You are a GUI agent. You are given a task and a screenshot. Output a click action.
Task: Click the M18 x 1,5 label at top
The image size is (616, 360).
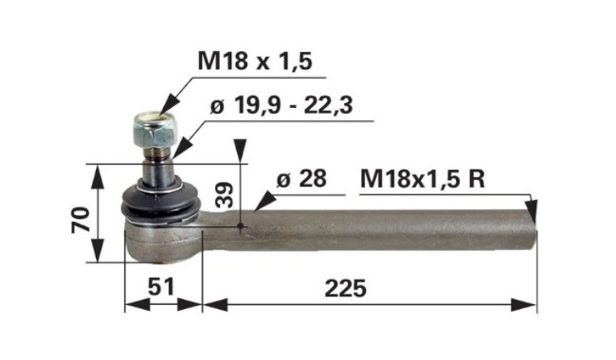tap(255, 62)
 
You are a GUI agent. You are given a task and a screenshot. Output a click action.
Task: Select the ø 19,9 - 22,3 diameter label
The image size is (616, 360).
tap(281, 105)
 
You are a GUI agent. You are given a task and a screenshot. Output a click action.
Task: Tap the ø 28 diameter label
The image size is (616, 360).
tap(301, 179)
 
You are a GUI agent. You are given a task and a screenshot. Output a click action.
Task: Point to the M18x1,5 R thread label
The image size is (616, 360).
tap(423, 179)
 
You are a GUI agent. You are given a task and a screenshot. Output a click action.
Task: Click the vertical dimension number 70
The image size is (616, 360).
tap(81, 219)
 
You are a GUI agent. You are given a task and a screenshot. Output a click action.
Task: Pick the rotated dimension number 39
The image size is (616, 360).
tap(225, 194)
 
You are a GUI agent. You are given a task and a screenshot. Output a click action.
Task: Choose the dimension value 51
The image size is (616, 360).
tap(161, 287)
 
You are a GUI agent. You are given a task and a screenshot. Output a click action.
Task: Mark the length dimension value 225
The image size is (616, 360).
tap(346, 289)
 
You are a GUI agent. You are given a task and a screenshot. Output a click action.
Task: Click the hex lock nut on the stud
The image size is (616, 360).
tap(154, 129)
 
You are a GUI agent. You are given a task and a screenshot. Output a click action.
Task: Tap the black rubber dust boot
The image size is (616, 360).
tap(161, 202)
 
